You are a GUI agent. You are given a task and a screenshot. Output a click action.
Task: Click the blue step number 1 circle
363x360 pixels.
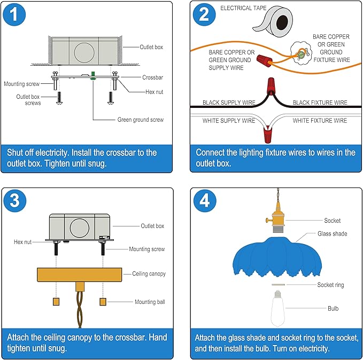point(14,14)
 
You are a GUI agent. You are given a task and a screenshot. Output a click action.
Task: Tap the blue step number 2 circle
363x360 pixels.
point(204,14)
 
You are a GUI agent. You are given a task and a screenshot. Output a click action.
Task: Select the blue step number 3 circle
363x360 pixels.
point(14,201)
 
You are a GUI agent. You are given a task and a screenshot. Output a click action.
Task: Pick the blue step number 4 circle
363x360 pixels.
point(205,201)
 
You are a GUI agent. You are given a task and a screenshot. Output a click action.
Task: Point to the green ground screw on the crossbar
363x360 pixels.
point(93,76)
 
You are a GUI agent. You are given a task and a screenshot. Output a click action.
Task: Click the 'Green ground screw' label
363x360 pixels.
point(140,120)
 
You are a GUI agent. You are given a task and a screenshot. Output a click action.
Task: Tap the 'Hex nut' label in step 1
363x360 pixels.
point(154,92)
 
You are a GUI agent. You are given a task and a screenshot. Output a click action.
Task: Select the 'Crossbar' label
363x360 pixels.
point(152,77)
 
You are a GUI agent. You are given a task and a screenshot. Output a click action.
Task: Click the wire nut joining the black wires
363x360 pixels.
point(271,85)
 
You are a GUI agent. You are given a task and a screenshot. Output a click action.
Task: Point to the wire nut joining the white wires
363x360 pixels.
point(268,135)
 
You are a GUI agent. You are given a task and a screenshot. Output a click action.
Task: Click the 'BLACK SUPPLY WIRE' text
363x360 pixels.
point(229,103)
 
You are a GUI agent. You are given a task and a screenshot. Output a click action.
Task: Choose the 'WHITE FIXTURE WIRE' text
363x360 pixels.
point(320,121)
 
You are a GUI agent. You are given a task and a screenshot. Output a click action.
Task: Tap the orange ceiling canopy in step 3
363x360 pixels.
point(80,275)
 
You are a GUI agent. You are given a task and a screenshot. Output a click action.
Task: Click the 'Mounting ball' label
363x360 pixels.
point(150,302)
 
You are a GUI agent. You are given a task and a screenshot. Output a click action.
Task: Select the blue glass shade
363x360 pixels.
point(277,257)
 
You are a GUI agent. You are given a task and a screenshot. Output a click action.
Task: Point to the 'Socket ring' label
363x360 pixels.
point(330,285)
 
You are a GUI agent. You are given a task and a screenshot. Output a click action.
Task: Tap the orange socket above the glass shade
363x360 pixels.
point(277,217)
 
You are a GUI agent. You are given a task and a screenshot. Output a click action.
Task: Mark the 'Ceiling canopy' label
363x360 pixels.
point(149,273)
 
